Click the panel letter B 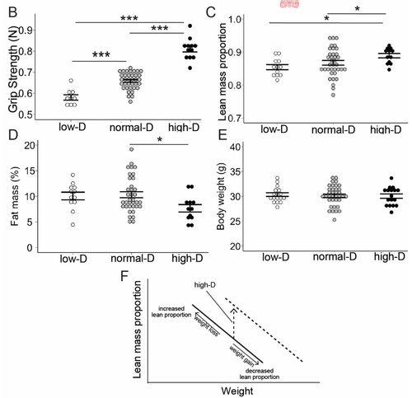[x=13, y=12]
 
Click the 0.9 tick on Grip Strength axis [x=26, y=30]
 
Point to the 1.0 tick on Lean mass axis [x=235, y=20]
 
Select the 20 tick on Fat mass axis [x=30, y=145]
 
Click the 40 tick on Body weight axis [x=234, y=147]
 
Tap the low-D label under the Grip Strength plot [x=73, y=127]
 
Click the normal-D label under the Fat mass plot [x=133, y=259]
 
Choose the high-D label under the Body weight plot [x=390, y=256]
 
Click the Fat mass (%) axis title [x=15, y=196]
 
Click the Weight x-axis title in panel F [x=237, y=391]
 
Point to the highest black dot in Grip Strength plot [x=190, y=26]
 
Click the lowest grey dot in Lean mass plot [x=333, y=95]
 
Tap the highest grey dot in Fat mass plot [x=132, y=149]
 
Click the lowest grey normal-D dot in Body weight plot [x=335, y=219]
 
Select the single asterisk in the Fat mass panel [x=160, y=139]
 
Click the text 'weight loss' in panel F [x=207, y=325]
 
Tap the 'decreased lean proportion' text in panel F [x=260, y=374]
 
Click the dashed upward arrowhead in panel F [x=233, y=310]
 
